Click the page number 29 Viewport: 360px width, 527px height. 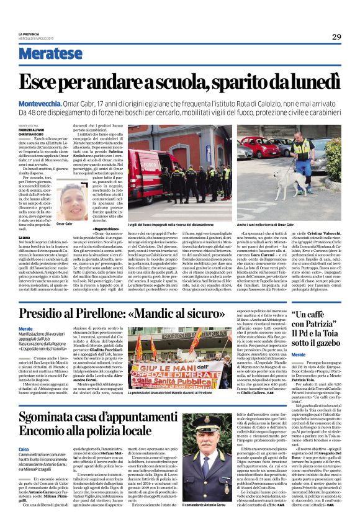tap(336, 37)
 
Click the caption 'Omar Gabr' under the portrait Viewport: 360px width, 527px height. tap(65, 223)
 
